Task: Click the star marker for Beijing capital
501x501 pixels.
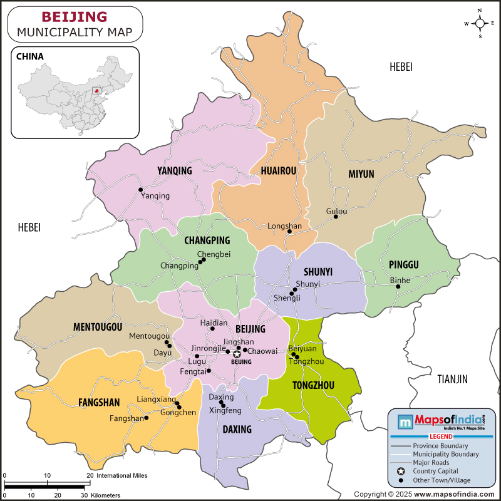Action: point(237,354)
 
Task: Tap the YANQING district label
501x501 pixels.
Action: point(175,170)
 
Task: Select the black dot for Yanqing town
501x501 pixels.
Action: point(141,190)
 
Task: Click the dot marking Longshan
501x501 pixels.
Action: point(289,232)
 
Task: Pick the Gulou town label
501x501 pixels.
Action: point(336,211)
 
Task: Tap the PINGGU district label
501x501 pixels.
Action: point(403,264)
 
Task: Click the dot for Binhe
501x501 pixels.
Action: point(398,287)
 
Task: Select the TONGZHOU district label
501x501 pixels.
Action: point(313,385)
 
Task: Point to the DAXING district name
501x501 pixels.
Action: point(237,429)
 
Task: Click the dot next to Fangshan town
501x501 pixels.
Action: point(146,418)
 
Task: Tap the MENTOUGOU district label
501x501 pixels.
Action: point(97,326)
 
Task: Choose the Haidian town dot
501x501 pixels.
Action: point(213,328)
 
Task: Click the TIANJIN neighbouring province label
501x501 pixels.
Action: point(452,379)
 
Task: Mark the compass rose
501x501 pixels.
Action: point(480,24)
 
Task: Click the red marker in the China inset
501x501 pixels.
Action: point(96,90)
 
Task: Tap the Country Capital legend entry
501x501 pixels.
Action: point(435,471)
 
